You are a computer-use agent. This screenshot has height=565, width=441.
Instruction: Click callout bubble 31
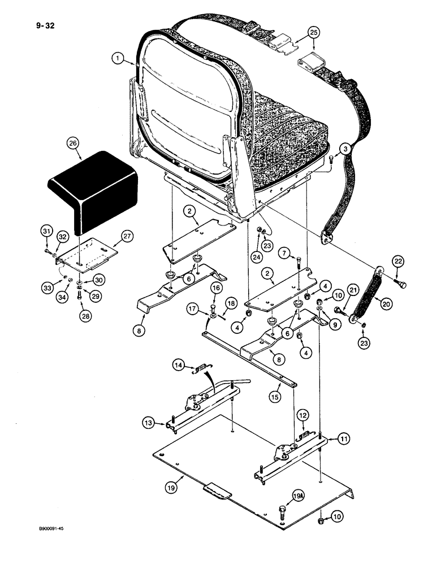[x=47, y=231]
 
